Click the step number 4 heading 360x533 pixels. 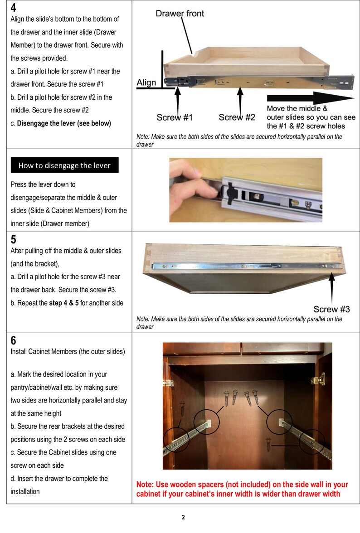pos(14,9)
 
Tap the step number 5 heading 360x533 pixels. pos(14,239)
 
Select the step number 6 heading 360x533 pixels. pos(14,340)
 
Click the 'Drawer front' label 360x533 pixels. pos(180,14)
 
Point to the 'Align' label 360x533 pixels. pos(146,82)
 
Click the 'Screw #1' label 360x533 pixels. pos(175,117)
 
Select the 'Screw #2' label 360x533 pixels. pos(237,117)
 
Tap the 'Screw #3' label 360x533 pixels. pos(331,309)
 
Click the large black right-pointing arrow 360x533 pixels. pos(311,97)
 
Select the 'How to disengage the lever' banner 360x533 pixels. pos(64,165)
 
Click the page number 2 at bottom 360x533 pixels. pos(183,517)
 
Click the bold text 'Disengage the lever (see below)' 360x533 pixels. pos(64,123)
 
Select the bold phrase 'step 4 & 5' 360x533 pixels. pos(65,303)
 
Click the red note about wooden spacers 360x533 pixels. pos(242,489)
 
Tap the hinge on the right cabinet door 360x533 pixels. pos(321,379)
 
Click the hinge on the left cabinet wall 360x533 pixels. pos(169,382)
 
